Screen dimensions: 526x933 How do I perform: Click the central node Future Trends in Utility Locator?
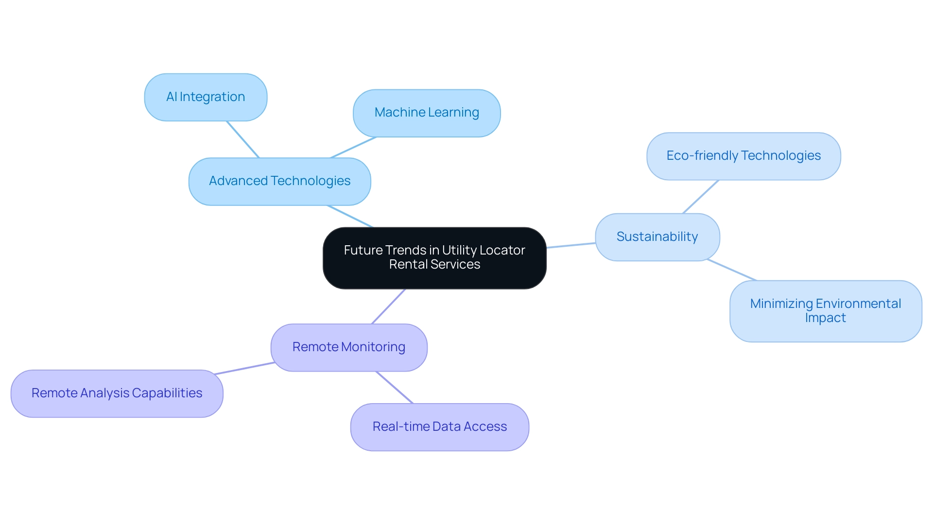434,258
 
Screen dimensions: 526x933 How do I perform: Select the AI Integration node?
206,97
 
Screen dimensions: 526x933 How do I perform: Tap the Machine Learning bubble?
427,113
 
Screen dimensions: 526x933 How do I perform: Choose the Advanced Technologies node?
279,181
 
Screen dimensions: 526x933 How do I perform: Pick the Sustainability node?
657,237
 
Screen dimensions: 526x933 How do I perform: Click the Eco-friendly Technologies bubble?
743,156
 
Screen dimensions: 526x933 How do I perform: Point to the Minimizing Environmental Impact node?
825,311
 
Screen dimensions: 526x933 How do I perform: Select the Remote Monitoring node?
348,347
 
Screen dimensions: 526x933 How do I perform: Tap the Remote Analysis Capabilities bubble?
117,393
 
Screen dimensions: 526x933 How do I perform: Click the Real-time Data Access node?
439,427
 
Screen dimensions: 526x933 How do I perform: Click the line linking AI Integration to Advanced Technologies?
242,139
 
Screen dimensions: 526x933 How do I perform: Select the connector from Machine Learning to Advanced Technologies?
353,147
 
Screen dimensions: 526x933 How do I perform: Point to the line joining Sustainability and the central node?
571,245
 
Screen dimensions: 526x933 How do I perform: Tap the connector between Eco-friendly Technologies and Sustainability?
700,197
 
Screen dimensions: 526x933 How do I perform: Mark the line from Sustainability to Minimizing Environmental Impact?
731,270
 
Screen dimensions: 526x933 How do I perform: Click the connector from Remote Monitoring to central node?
388,306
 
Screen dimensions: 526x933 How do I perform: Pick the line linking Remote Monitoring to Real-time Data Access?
394,387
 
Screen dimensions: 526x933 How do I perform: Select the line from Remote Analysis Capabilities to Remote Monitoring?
244,368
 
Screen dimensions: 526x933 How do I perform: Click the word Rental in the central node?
408,265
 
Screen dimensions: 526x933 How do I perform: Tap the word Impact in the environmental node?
825,318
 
